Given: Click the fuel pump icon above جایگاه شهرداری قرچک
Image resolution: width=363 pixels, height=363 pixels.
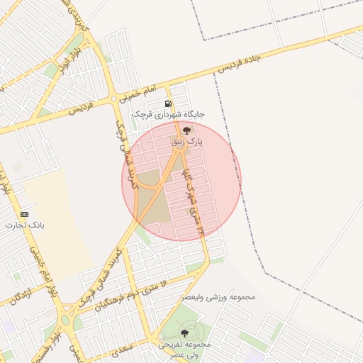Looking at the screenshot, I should pyautogui.click(x=168, y=104).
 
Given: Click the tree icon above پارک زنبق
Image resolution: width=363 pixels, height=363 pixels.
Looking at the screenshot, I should pyautogui.click(x=187, y=130).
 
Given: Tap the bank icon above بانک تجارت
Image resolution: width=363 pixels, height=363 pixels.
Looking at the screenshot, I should pyautogui.click(x=25, y=214).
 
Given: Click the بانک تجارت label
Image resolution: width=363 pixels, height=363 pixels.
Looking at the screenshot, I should pyautogui.click(x=25, y=225).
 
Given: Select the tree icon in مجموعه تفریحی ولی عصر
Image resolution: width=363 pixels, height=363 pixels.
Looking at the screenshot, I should pyautogui.click(x=184, y=333).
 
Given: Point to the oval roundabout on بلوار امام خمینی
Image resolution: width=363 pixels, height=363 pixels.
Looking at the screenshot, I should pyautogui.click(x=66, y=320).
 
